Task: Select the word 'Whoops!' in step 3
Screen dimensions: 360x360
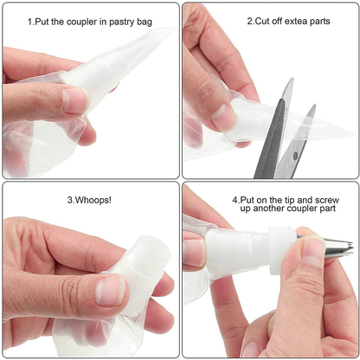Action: click(x=93, y=200)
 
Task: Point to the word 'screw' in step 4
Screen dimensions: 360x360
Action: click(x=327, y=200)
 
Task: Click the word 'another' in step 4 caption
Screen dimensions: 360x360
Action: click(x=268, y=209)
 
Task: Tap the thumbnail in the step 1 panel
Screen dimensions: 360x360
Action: click(x=76, y=100)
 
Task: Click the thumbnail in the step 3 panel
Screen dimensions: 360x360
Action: click(x=111, y=290)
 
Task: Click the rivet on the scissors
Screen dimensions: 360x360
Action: click(x=295, y=156)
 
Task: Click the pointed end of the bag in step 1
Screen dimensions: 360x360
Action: click(x=176, y=28)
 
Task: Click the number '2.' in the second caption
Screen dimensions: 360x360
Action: click(x=251, y=22)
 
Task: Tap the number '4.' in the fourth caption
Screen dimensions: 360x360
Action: click(x=236, y=200)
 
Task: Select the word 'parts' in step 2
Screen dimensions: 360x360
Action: click(x=319, y=22)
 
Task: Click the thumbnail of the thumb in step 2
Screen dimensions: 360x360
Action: click(x=223, y=117)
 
